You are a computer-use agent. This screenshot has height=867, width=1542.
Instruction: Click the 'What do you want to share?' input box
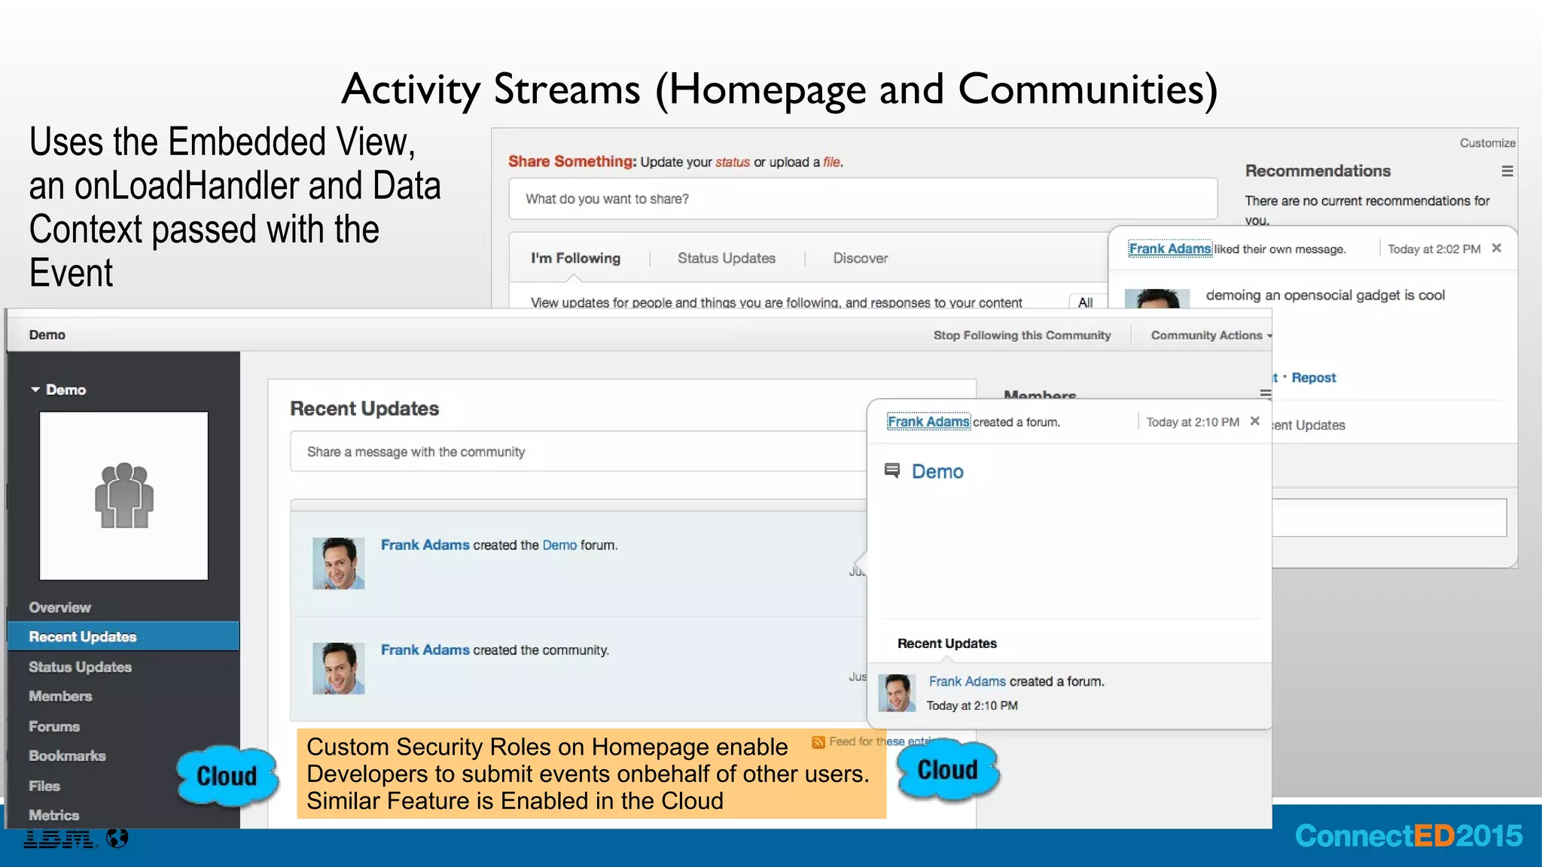coord(862,199)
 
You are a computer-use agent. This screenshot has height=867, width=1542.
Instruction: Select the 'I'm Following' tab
coord(575,258)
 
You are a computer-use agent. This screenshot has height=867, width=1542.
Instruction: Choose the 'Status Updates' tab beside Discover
coord(726,258)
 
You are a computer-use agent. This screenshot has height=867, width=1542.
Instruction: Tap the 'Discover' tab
coord(860,258)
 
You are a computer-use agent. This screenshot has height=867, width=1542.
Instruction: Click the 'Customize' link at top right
coord(1486,143)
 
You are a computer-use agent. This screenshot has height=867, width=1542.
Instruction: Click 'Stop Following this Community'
coord(1022,336)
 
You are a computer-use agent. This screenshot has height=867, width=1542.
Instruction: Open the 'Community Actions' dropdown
coord(1211,336)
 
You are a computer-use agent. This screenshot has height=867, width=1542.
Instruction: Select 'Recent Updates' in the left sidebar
coord(83,637)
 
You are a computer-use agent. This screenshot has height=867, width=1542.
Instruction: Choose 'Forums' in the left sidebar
coord(54,726)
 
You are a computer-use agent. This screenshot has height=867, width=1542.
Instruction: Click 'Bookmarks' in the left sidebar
coord(67,756)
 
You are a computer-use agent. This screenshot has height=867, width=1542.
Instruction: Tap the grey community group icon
coord(123,495)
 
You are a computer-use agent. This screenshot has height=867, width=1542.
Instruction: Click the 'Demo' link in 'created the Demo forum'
coord(559,545)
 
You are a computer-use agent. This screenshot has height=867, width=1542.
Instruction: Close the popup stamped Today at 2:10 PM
coord(1254,421)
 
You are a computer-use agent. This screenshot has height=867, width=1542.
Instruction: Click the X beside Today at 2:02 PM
coord(1496,248)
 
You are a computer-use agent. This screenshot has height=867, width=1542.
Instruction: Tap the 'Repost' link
coord(1313,378)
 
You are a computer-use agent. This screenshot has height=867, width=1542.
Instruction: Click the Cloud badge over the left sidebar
coord(226,776)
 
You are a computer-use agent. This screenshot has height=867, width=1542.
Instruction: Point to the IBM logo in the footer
coord(59,838)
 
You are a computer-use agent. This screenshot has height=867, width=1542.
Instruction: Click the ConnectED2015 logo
coord(1408,836)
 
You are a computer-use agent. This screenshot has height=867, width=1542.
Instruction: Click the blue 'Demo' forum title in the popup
coord(937,472)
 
